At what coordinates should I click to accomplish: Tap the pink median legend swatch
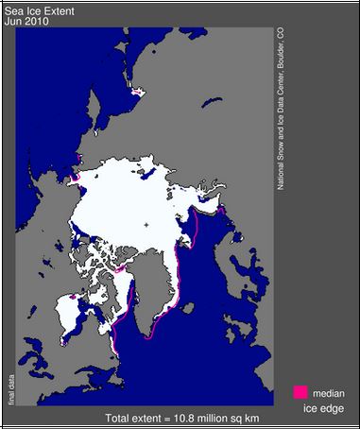click(x=300, y=391)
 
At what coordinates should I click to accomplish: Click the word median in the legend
click(x=330, y=391)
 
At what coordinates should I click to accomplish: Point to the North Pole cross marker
click(x=146, y=224)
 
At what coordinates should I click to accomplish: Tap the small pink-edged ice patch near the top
click(x=140, y=92)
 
